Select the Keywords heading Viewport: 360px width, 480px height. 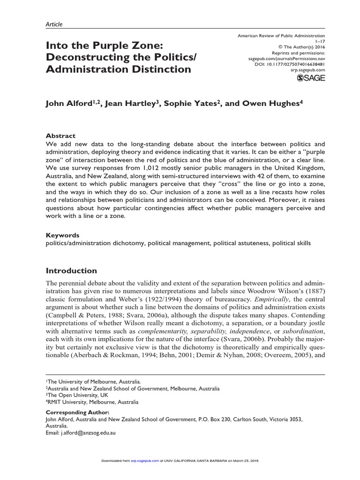pyautogui.click(x=62, y=235)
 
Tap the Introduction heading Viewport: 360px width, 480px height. pyautogui.click(x=71, y=270)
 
